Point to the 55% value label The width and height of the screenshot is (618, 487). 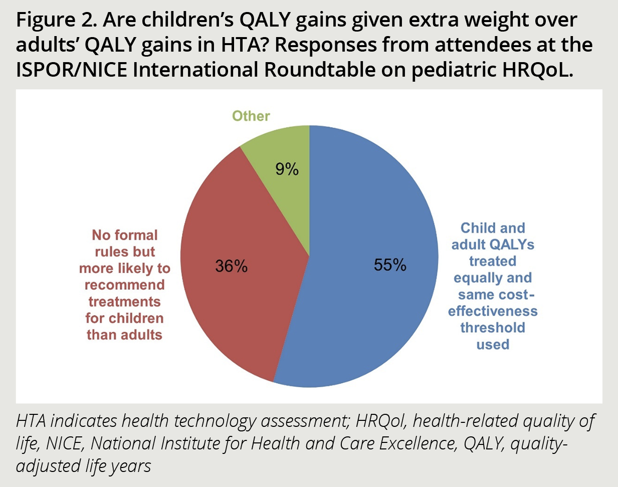point(390,265)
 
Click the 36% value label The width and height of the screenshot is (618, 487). point(231,266)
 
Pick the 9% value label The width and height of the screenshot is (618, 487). point(287,170)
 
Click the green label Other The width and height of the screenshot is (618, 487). point(251,116)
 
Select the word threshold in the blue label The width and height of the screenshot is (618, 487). point(493,328)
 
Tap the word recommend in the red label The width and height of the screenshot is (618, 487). point(124,285)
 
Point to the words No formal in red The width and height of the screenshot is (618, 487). point(124,235)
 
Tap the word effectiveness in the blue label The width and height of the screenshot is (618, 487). point(493,311)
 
